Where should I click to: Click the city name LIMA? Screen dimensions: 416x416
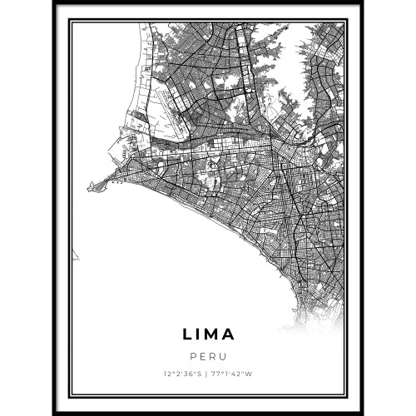click(x=208, y=334)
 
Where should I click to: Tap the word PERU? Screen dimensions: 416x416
click(x=208, y=356)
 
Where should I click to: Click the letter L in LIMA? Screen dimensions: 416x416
click(x=186, y=334)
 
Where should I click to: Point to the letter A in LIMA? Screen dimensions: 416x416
click(x=230, y=334)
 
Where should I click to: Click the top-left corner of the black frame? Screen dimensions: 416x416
click(x=53, y=2)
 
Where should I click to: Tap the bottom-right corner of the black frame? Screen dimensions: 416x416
click(x=363, y=413)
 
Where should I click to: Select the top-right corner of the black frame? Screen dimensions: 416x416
click(x=363, y=2)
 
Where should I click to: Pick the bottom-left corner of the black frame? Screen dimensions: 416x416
click(x=53, y=413)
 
